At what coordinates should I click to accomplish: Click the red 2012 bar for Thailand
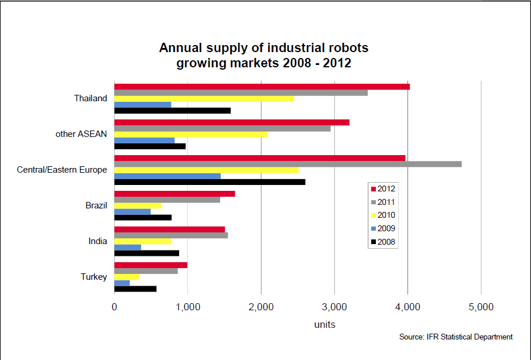(x=262, y=87)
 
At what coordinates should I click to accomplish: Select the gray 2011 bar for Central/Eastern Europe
(x=287, y=164)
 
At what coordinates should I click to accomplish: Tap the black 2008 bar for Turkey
(x=135, y=289)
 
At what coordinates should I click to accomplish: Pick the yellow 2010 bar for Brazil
(x=138, y=205)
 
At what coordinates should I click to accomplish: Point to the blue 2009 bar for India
(x=128, y=247)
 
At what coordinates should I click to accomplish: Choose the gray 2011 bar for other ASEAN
(x=222, y=128)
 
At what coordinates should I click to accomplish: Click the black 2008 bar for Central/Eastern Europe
(x=210, y=182)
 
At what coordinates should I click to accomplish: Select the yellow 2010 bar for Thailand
(x=204, y=98)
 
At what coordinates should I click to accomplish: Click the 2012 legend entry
(x=382, y=188)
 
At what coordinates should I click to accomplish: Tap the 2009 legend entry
(x=382, y=228)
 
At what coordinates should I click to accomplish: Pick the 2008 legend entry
(x=382, y=241)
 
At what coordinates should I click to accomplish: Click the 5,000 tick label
(x=481, y=306)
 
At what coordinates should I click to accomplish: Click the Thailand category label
(x=90, y=98)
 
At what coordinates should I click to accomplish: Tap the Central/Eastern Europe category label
(x=62, y=170)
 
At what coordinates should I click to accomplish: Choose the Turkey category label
(x=94, y=276)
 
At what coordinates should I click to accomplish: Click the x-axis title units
(x=324, y=324)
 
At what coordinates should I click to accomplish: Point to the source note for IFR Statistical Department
(x=455, y=337)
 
